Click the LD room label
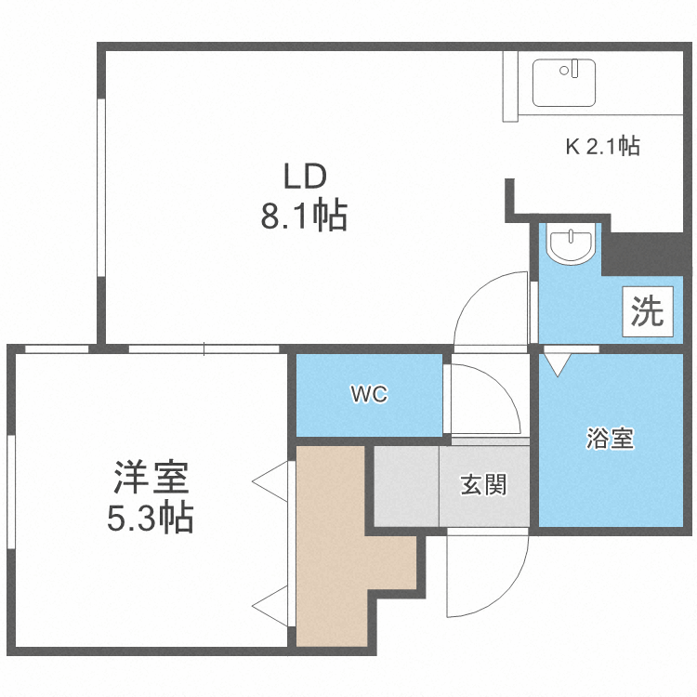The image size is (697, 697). pos(304,176)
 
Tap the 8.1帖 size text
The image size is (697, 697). pos(304,217)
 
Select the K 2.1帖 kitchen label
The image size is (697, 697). pos(602,146)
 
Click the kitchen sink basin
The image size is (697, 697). pos(566,81)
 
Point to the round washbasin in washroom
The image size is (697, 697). pos(568,246)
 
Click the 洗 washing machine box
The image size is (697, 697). pos(647,310)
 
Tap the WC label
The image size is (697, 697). pos(368,394)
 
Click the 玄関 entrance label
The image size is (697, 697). pos(483,484)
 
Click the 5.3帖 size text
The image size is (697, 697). pos(151,518)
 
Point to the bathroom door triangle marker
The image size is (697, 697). pos(557,361)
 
